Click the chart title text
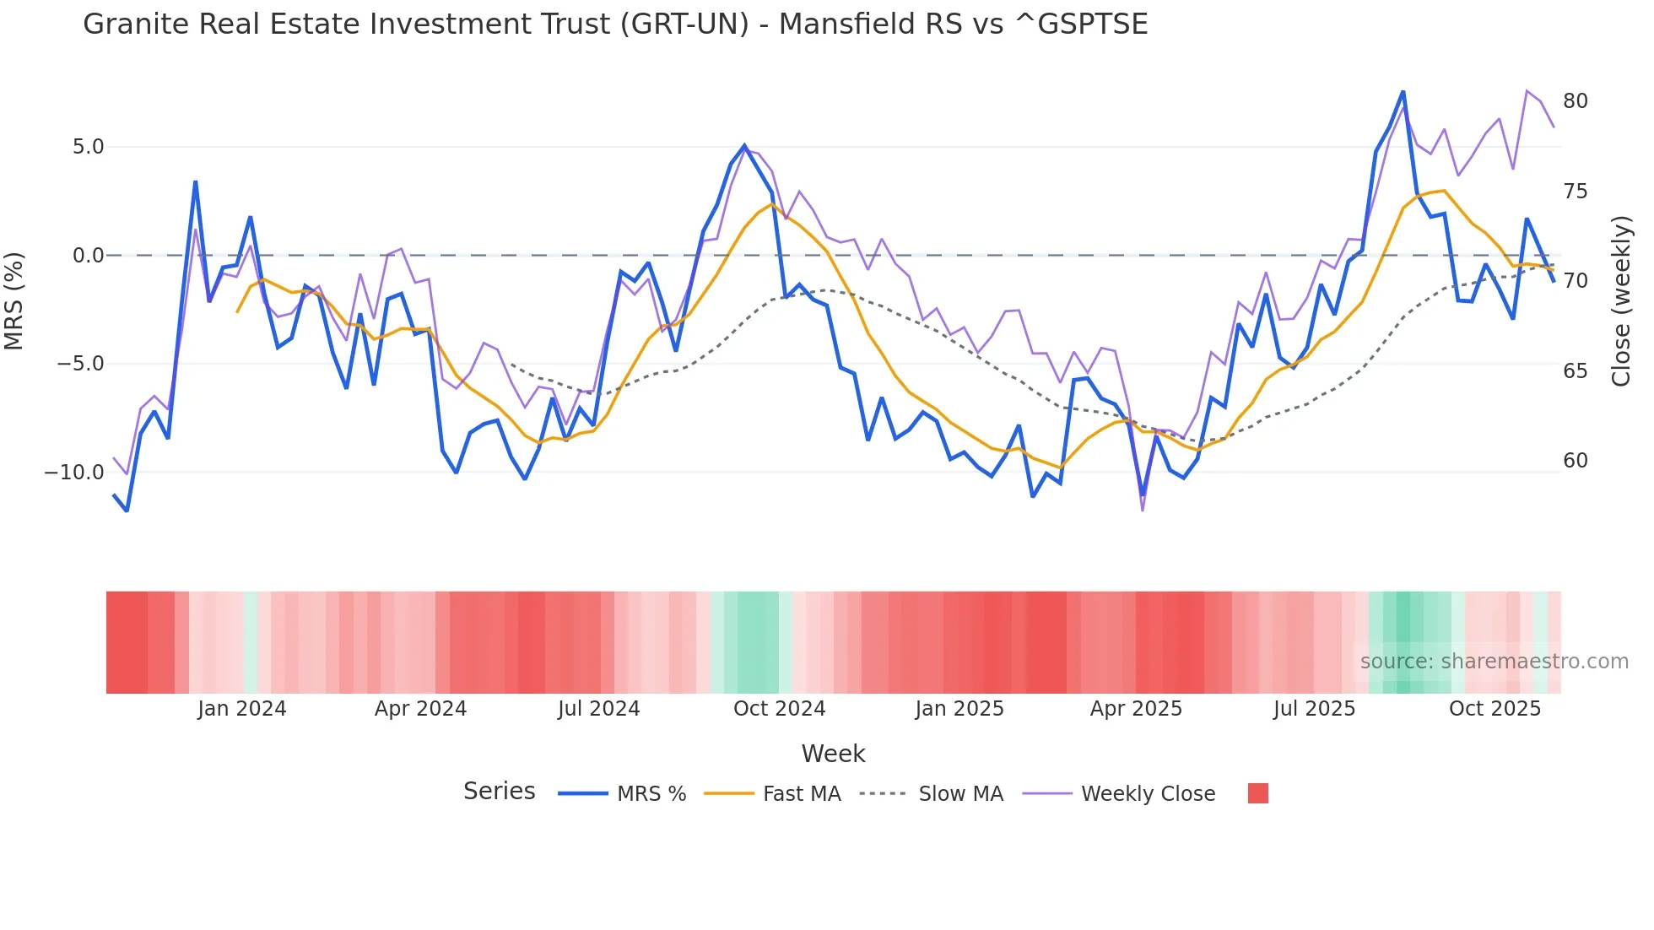[615, 24]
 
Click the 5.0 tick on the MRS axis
[88, 147]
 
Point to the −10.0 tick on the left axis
[74, 473]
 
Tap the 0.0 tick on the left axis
[88, 256]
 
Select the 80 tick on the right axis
[1575, 101]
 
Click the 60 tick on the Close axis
[1575, 461]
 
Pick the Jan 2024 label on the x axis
[242, 709]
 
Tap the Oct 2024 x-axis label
[779, 709]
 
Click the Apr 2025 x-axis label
[1136, 709]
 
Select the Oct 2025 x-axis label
[1495, 709]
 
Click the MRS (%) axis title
[14, 301]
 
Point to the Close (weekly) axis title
[1621, 301]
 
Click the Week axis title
[833, 754]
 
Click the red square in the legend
[1257, 793]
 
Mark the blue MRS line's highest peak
[1403, 92]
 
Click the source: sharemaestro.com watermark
[1494, 662]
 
